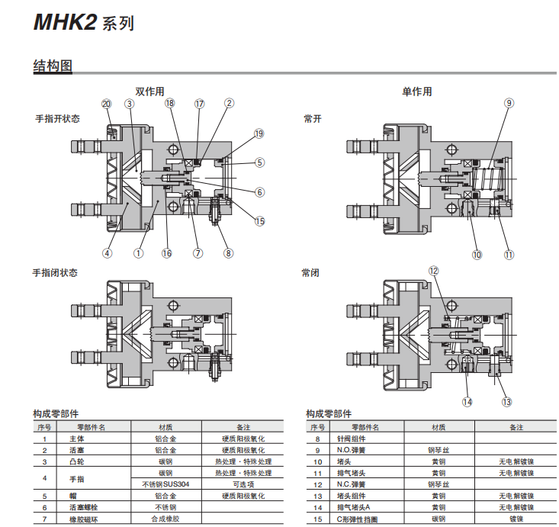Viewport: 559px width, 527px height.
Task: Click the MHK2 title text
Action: point(65,22)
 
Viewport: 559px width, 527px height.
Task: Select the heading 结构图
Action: point(52,66)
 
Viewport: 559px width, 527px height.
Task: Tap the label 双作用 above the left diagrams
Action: point(149,92)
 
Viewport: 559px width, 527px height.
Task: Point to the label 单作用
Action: point(416,92)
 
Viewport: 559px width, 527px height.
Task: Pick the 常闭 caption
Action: point(312,272)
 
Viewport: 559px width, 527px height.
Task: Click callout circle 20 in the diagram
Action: point(106,104)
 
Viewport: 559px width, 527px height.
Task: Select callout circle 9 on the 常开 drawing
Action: point(509,104)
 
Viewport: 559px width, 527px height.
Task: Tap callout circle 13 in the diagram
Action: point(506,401)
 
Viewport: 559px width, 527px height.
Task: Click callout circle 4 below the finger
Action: point(107,253)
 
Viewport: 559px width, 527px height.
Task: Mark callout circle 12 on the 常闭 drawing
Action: point(434,271)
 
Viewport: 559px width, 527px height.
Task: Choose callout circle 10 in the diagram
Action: point(477,254)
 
